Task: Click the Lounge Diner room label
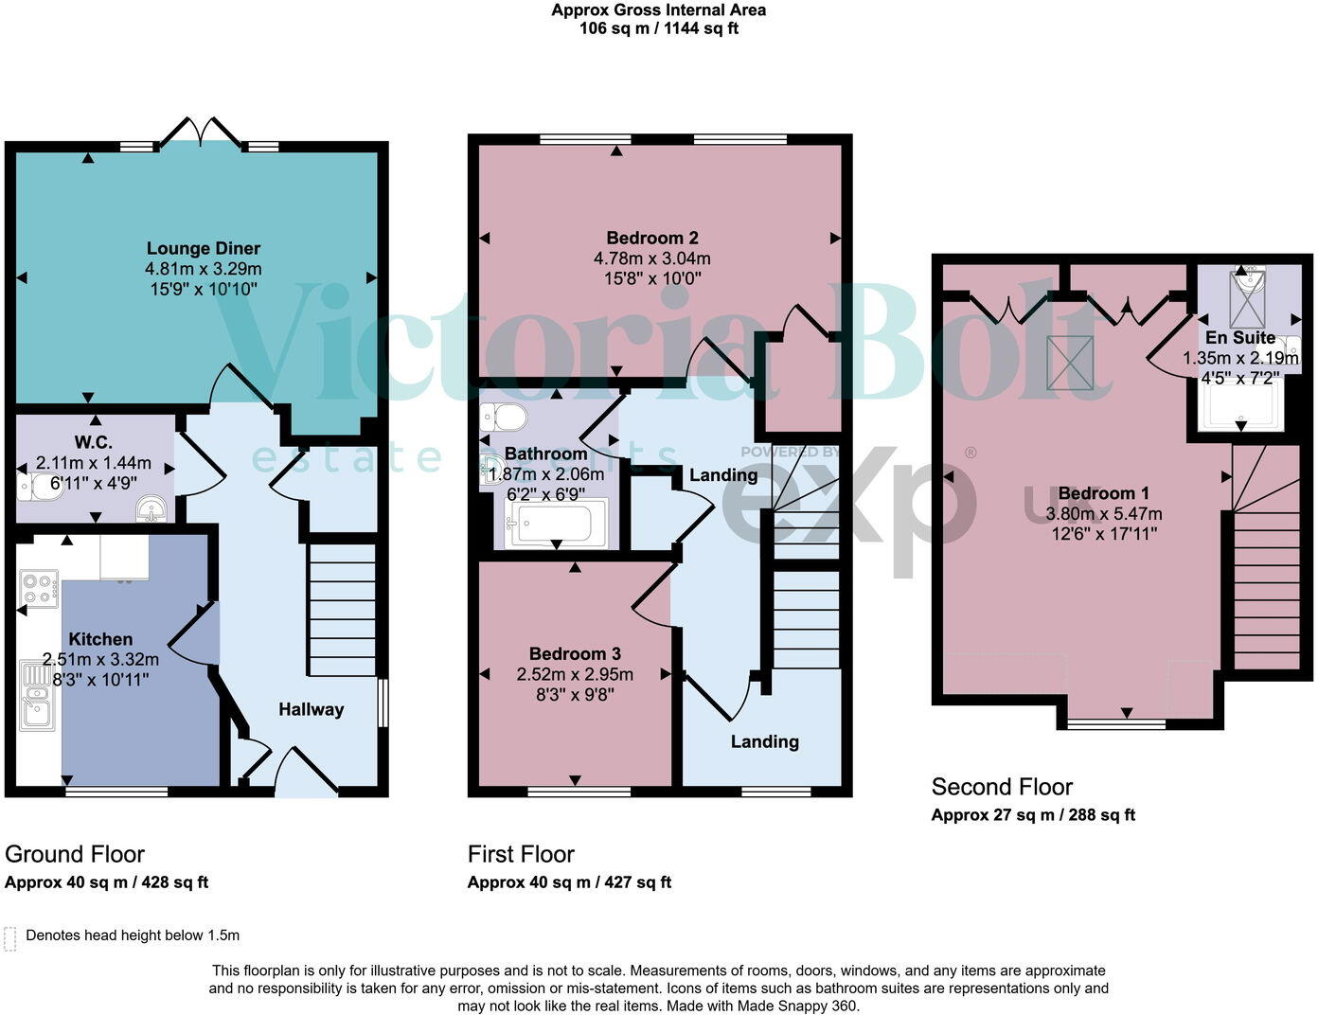tap(203, 249)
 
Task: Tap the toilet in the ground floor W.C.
tap(35, 487)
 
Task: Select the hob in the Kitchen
tap(39, 589)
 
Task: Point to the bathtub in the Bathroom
tap(555, 524)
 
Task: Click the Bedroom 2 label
tap(652, 239)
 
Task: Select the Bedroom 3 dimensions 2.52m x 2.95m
tap(575, 674)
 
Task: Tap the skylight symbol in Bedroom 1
tap(1070, 362)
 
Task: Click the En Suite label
tap(1239, 338)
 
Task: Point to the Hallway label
tap(311, 709)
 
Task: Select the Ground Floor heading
tap(75, 854)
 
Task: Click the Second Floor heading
tap(1002, 787)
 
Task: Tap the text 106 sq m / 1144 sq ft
tap(658, 28)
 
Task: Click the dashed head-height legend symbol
tap(10, 937)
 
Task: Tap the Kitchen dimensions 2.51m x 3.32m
tap(100, 659)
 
